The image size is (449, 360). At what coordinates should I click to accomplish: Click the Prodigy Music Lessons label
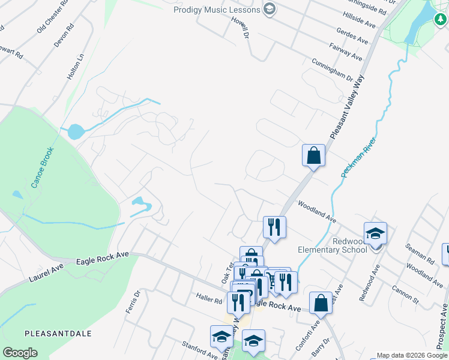[x=216, y=10]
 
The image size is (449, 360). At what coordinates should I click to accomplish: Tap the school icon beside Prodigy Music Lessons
[x=269, y=9]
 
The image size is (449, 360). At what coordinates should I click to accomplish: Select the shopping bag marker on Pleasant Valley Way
[x=313, y=156]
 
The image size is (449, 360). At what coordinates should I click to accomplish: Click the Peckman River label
[x=358, y=157]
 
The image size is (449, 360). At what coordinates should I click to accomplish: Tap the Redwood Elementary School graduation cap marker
[x=375, y=234]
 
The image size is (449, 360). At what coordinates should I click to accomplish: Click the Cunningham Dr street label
[x=331, y=70]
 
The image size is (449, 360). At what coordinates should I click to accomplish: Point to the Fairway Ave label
[x=346, y=52]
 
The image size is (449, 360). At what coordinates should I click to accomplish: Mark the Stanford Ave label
[x=199, y=350]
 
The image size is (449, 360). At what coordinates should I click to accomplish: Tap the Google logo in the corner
[x=20, y=353]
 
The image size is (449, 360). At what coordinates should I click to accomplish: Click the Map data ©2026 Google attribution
[x=412, y=355]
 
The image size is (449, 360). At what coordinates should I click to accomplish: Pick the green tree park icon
[x=440, y=19]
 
